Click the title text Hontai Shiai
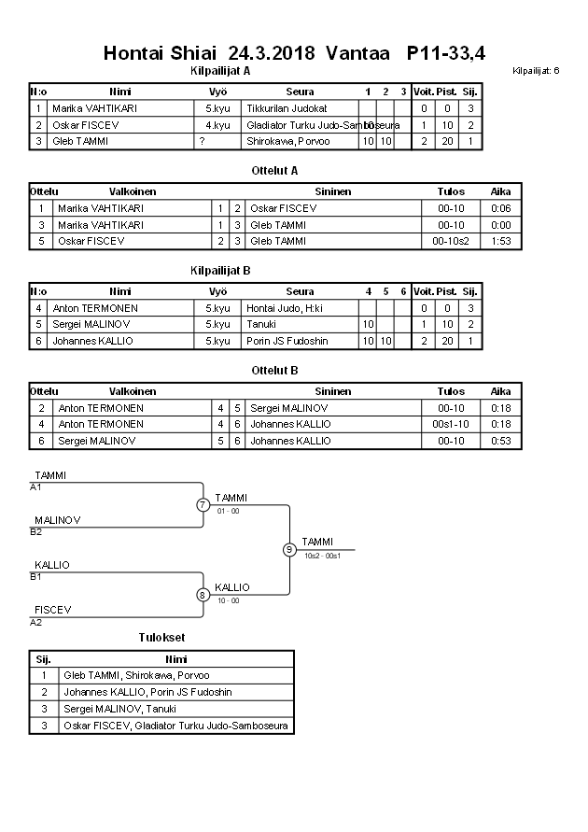[160, 53]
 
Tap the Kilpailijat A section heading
[219, 70]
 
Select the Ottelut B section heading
[274, 370]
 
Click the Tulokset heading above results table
[161, 637]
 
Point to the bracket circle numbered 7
[203, 505]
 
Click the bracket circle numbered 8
[203, 594]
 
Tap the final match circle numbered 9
[289, 549]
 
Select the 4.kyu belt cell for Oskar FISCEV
[218, 125]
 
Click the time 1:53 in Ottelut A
[501, 241]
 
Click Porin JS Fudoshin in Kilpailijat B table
[287, 341]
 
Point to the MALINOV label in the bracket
[57, 520]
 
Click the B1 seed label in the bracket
[36, 576]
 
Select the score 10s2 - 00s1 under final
[323, 556]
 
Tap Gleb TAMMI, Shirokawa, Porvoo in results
[136, 675]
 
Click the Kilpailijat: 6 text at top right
[536, 71]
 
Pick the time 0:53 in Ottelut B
[501, 441]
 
